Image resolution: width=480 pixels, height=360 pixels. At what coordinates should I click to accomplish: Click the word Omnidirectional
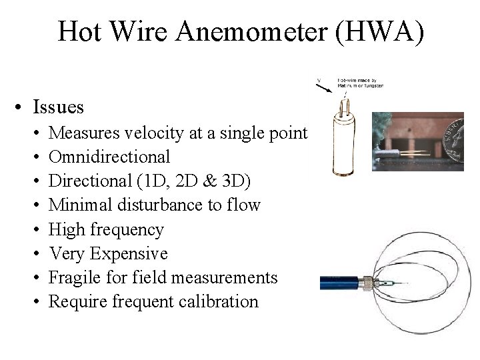click(110, 157)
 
